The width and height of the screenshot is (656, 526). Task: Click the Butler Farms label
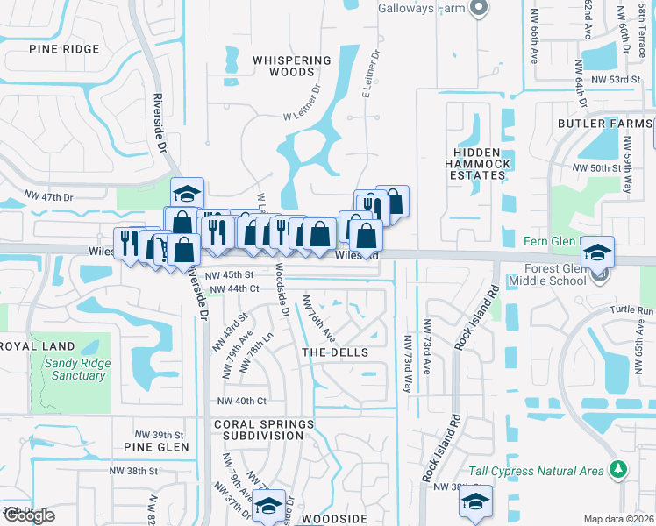[x=605, y=124]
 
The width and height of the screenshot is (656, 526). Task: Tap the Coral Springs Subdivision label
[x=263, y=430]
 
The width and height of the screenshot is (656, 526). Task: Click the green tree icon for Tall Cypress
[x=619, y=470]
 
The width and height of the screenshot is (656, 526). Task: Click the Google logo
[x=28, y=515]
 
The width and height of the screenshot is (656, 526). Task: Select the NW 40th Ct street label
[x=241, y=401]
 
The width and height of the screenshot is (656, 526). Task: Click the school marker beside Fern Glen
[x=597, y=252]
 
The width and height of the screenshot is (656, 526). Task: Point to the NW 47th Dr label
[x=48, y=196]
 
